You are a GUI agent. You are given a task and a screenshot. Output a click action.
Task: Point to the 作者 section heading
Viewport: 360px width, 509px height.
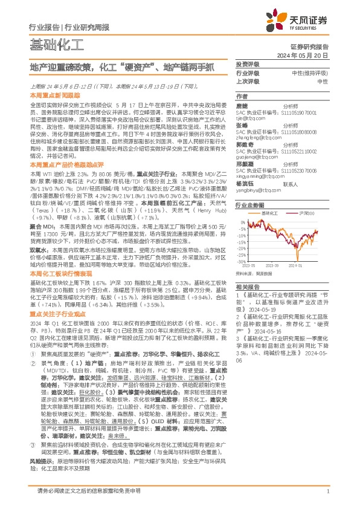tap(241, 96)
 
